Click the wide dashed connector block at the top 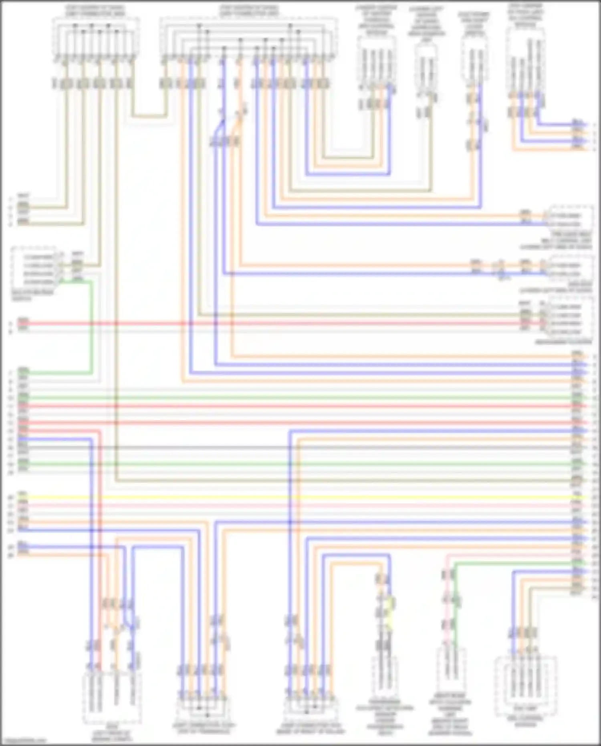click(248, 36)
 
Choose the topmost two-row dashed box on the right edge click(571, 219)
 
